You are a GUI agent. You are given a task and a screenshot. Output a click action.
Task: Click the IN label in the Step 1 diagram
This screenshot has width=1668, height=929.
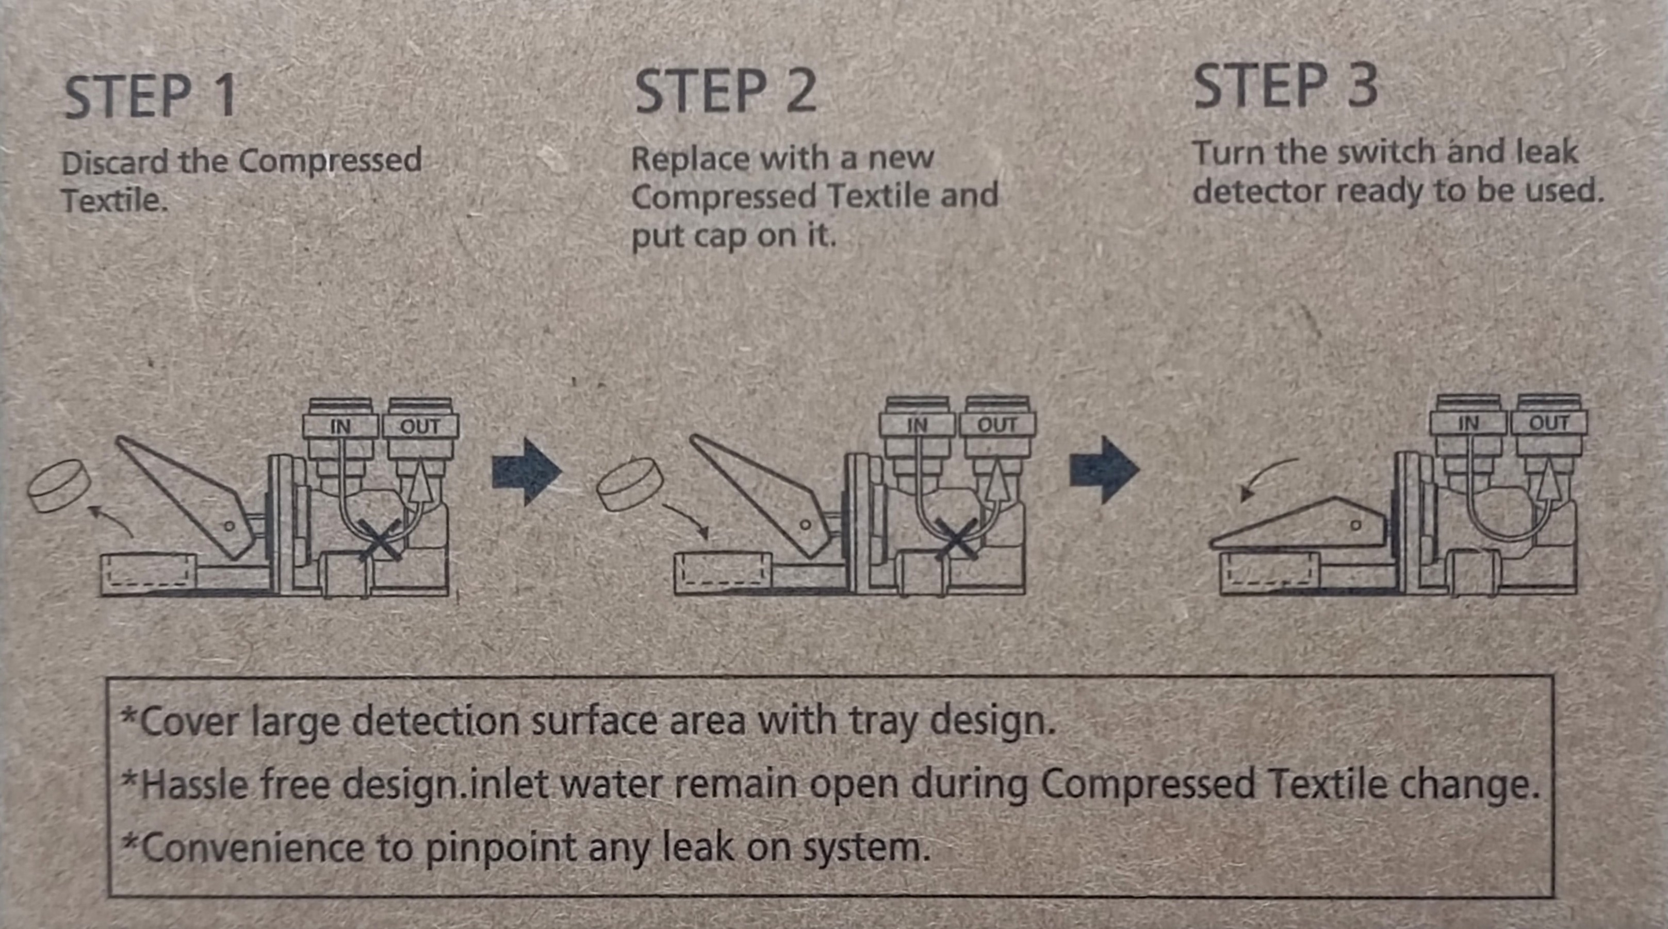(x=340, y=427)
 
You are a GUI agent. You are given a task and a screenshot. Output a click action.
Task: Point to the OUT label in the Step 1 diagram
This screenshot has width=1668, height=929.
(x=420, y=427)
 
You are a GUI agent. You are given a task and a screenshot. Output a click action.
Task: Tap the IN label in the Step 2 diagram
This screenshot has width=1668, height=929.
(x=917, y=425)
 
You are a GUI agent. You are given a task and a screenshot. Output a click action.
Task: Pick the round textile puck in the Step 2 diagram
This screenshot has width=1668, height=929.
(x=630, y=484)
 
